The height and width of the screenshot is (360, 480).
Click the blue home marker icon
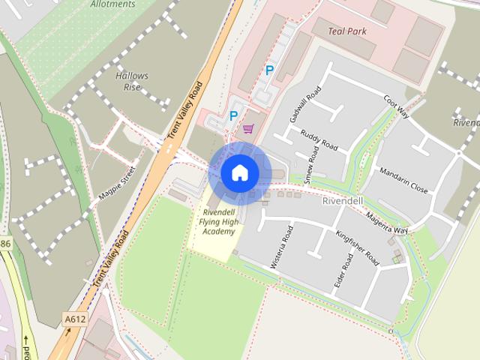pyautogui.click(x=239, y=172)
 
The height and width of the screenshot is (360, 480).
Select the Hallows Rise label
pyautogui.click(x=132, y=81)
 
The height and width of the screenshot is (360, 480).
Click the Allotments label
pyautogui.click(x=112, y=4)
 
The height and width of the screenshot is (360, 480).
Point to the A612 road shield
pyautogui.click(x=73, y=319)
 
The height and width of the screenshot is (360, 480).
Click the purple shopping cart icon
pyautogui.click(x=248, y=129)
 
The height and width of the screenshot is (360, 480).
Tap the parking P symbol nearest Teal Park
pyautogui.click(x=269, y=71)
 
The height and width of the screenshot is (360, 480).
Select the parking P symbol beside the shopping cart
pyautogui.click(x=233, y=116)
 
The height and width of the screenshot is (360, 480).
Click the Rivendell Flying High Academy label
pyautogui.click(x=218, y=221)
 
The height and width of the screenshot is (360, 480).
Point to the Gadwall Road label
pyautogui.click(x=304, y=104)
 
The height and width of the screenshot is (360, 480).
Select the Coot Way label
pyautogui.click(x=395, y=106)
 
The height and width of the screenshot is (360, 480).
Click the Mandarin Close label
pyautogui.click(x=403, y=180)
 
